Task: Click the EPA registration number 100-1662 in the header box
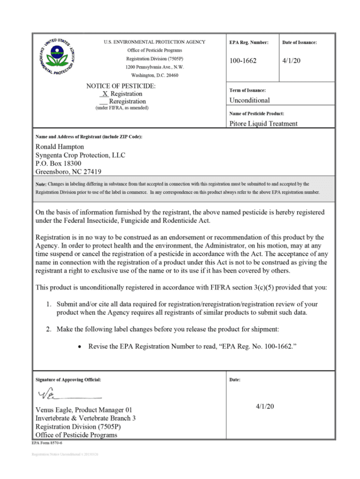[243, 61]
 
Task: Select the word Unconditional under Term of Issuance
[249, 100]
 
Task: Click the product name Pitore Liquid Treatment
[263, 124]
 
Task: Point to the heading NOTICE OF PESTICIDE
[121, 86]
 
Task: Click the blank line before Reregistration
[104, 102]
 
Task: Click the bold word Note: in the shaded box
[41, 184]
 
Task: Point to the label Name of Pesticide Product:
[257, 114]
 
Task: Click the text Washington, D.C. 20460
[154, 75]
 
